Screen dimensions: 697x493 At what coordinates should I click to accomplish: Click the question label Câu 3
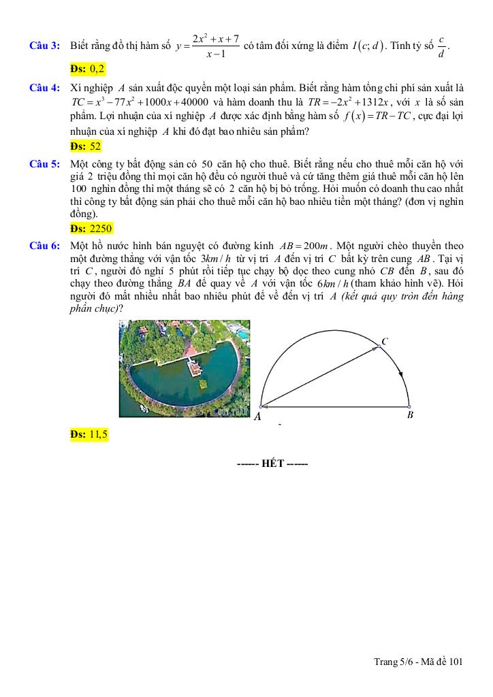[x=45, y=46]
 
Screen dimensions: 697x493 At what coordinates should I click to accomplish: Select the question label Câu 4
[x=45, y=88]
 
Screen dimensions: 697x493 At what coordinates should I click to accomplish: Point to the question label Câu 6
[x=45, y=246]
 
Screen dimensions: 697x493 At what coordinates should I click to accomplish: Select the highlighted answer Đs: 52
[x=86, y=146]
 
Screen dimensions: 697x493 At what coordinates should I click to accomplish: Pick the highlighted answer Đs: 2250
[x=91, y=228]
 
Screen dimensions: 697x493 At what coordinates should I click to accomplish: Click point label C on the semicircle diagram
[x=385, y=341]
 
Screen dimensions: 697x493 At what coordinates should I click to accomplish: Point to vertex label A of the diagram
[x=257, y=417]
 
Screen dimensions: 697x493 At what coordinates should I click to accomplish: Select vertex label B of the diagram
[x=410, y=415]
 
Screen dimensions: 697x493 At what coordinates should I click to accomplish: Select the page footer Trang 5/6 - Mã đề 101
[x=418, y=660]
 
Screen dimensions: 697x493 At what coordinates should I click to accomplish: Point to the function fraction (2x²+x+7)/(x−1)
[x=214, y=46]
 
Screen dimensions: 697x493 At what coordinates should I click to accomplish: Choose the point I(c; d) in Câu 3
[x=368, y=46]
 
